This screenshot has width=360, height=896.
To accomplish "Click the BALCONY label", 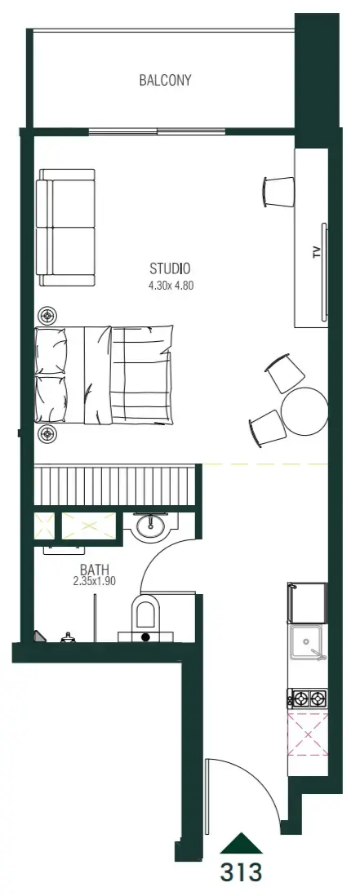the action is click(165, 80).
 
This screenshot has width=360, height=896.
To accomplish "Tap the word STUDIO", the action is click(170, 268).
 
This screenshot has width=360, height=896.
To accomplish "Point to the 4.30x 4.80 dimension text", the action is click(171, 286).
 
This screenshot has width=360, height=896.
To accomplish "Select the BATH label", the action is click(95, 570).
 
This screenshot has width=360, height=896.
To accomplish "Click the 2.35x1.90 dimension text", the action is click(95, 581).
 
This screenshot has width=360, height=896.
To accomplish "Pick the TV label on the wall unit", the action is click(317, 253).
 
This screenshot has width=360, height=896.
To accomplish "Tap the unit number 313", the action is click(241, 872).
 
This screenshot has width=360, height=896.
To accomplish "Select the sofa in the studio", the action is click(65, 227).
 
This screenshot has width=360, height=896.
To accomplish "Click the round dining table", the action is click(304, 410).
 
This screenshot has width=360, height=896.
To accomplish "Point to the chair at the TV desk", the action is click(279, 192).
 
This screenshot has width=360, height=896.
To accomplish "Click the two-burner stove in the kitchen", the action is click(309, 698).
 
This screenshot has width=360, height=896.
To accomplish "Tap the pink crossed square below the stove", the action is click(308, 734).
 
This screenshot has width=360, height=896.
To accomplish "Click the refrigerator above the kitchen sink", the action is click(308, 603).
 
